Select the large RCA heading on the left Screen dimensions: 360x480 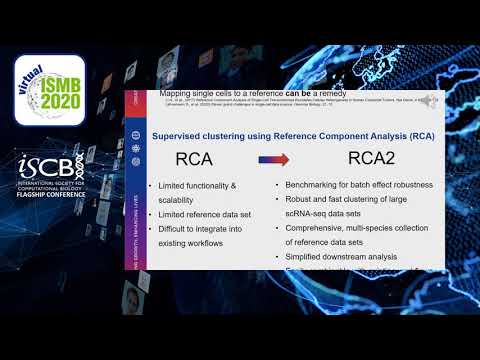(199, 158)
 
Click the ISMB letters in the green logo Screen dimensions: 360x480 (54, 85)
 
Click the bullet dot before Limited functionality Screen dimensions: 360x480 (149, 187)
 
